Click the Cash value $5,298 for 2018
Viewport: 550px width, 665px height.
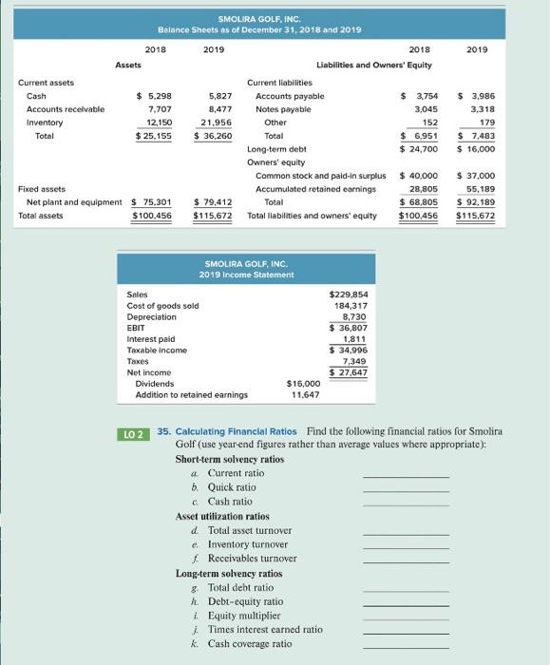point(154,96)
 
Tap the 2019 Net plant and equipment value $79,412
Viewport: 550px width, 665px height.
point(213,201)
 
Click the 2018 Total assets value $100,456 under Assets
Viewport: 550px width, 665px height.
point(151,216)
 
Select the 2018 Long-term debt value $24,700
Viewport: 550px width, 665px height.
point(417,149)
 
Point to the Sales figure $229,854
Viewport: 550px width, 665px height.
point(348,295)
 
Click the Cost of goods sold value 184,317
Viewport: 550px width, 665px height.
point(351,306)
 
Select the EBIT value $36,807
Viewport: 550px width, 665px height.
point(348,328)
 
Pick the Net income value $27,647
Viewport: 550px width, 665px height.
point(348,371)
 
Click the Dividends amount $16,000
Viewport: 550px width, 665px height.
point(303,383)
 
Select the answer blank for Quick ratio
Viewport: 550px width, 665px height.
point(406,487)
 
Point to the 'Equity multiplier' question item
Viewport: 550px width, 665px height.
point(245,615)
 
